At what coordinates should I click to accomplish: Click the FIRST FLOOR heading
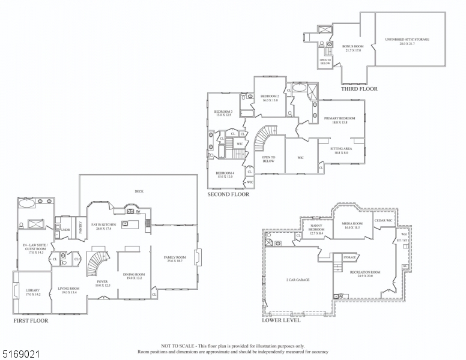(x=31, y=321)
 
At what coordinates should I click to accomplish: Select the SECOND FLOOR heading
(x=228, y=194)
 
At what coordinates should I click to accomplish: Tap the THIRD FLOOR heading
(x=359, y=89)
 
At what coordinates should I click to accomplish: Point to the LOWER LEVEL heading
(x=281, y=320)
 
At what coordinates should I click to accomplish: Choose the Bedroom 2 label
(x=270, y=98)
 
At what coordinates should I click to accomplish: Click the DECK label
(x=139, y=191)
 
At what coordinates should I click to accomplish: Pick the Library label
(x=32, y=292)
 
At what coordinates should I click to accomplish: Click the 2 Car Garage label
(x=298, y=280)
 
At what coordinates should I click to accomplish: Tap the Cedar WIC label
(x=384, y=220)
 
